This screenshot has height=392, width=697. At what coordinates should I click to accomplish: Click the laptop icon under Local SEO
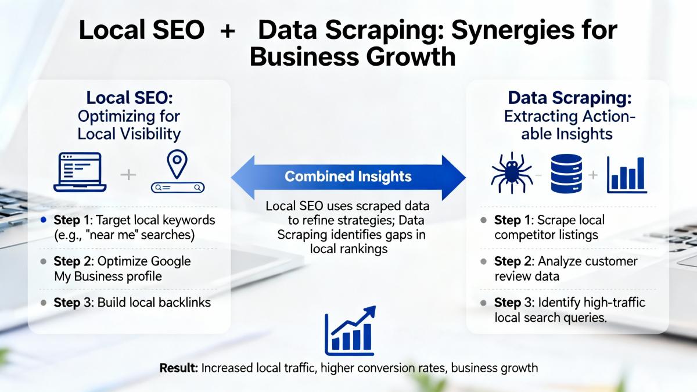click(80, 172)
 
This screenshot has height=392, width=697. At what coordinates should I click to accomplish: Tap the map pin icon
click(177, 164)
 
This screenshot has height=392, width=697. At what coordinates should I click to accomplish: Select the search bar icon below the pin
click(178, 187)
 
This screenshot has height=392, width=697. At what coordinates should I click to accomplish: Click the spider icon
click(512, 173)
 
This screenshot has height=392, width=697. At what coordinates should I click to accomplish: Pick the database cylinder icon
click(566, 174)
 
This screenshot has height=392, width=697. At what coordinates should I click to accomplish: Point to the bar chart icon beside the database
click(627, 175)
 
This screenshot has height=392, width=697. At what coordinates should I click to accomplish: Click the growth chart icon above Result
click(350, 330)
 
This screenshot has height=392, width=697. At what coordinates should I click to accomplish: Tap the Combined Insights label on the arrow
click(348, 177)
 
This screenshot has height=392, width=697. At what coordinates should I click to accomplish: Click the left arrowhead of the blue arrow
click(243, 177)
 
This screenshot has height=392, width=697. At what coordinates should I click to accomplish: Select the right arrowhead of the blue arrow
click(454, 178)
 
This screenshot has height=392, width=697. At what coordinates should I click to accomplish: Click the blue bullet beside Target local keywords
click(44, 220)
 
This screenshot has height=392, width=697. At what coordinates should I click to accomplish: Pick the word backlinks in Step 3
click(185, 303)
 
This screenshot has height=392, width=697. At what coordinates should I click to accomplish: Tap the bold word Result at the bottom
click(179, 368)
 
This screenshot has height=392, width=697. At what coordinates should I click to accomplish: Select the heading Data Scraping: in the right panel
click(570, 98)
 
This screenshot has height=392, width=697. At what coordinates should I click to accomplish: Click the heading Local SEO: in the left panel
click(130, 98)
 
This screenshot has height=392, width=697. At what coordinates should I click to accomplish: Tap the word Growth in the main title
click(411, 57)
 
